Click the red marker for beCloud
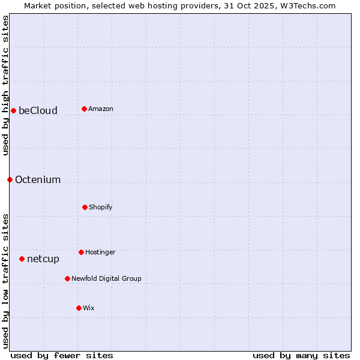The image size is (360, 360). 13,110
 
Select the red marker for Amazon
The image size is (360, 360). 84,109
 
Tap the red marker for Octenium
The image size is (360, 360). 10,179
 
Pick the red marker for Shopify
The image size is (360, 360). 85,207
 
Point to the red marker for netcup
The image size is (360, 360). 22,259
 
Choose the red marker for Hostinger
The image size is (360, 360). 81,252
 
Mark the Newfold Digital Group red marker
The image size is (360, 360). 67,278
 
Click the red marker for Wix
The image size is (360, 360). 79,308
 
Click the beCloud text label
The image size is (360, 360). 38,110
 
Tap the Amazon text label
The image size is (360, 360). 101,109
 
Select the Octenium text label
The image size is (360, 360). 38,179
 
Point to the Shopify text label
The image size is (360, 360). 101,207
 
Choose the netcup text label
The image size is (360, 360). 43,259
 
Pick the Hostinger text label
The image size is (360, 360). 100,252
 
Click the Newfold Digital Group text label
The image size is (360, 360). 106,278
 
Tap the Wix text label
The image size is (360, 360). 89,308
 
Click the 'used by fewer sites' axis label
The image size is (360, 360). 62,355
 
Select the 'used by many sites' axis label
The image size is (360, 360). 301,355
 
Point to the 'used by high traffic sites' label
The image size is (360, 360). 5,85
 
